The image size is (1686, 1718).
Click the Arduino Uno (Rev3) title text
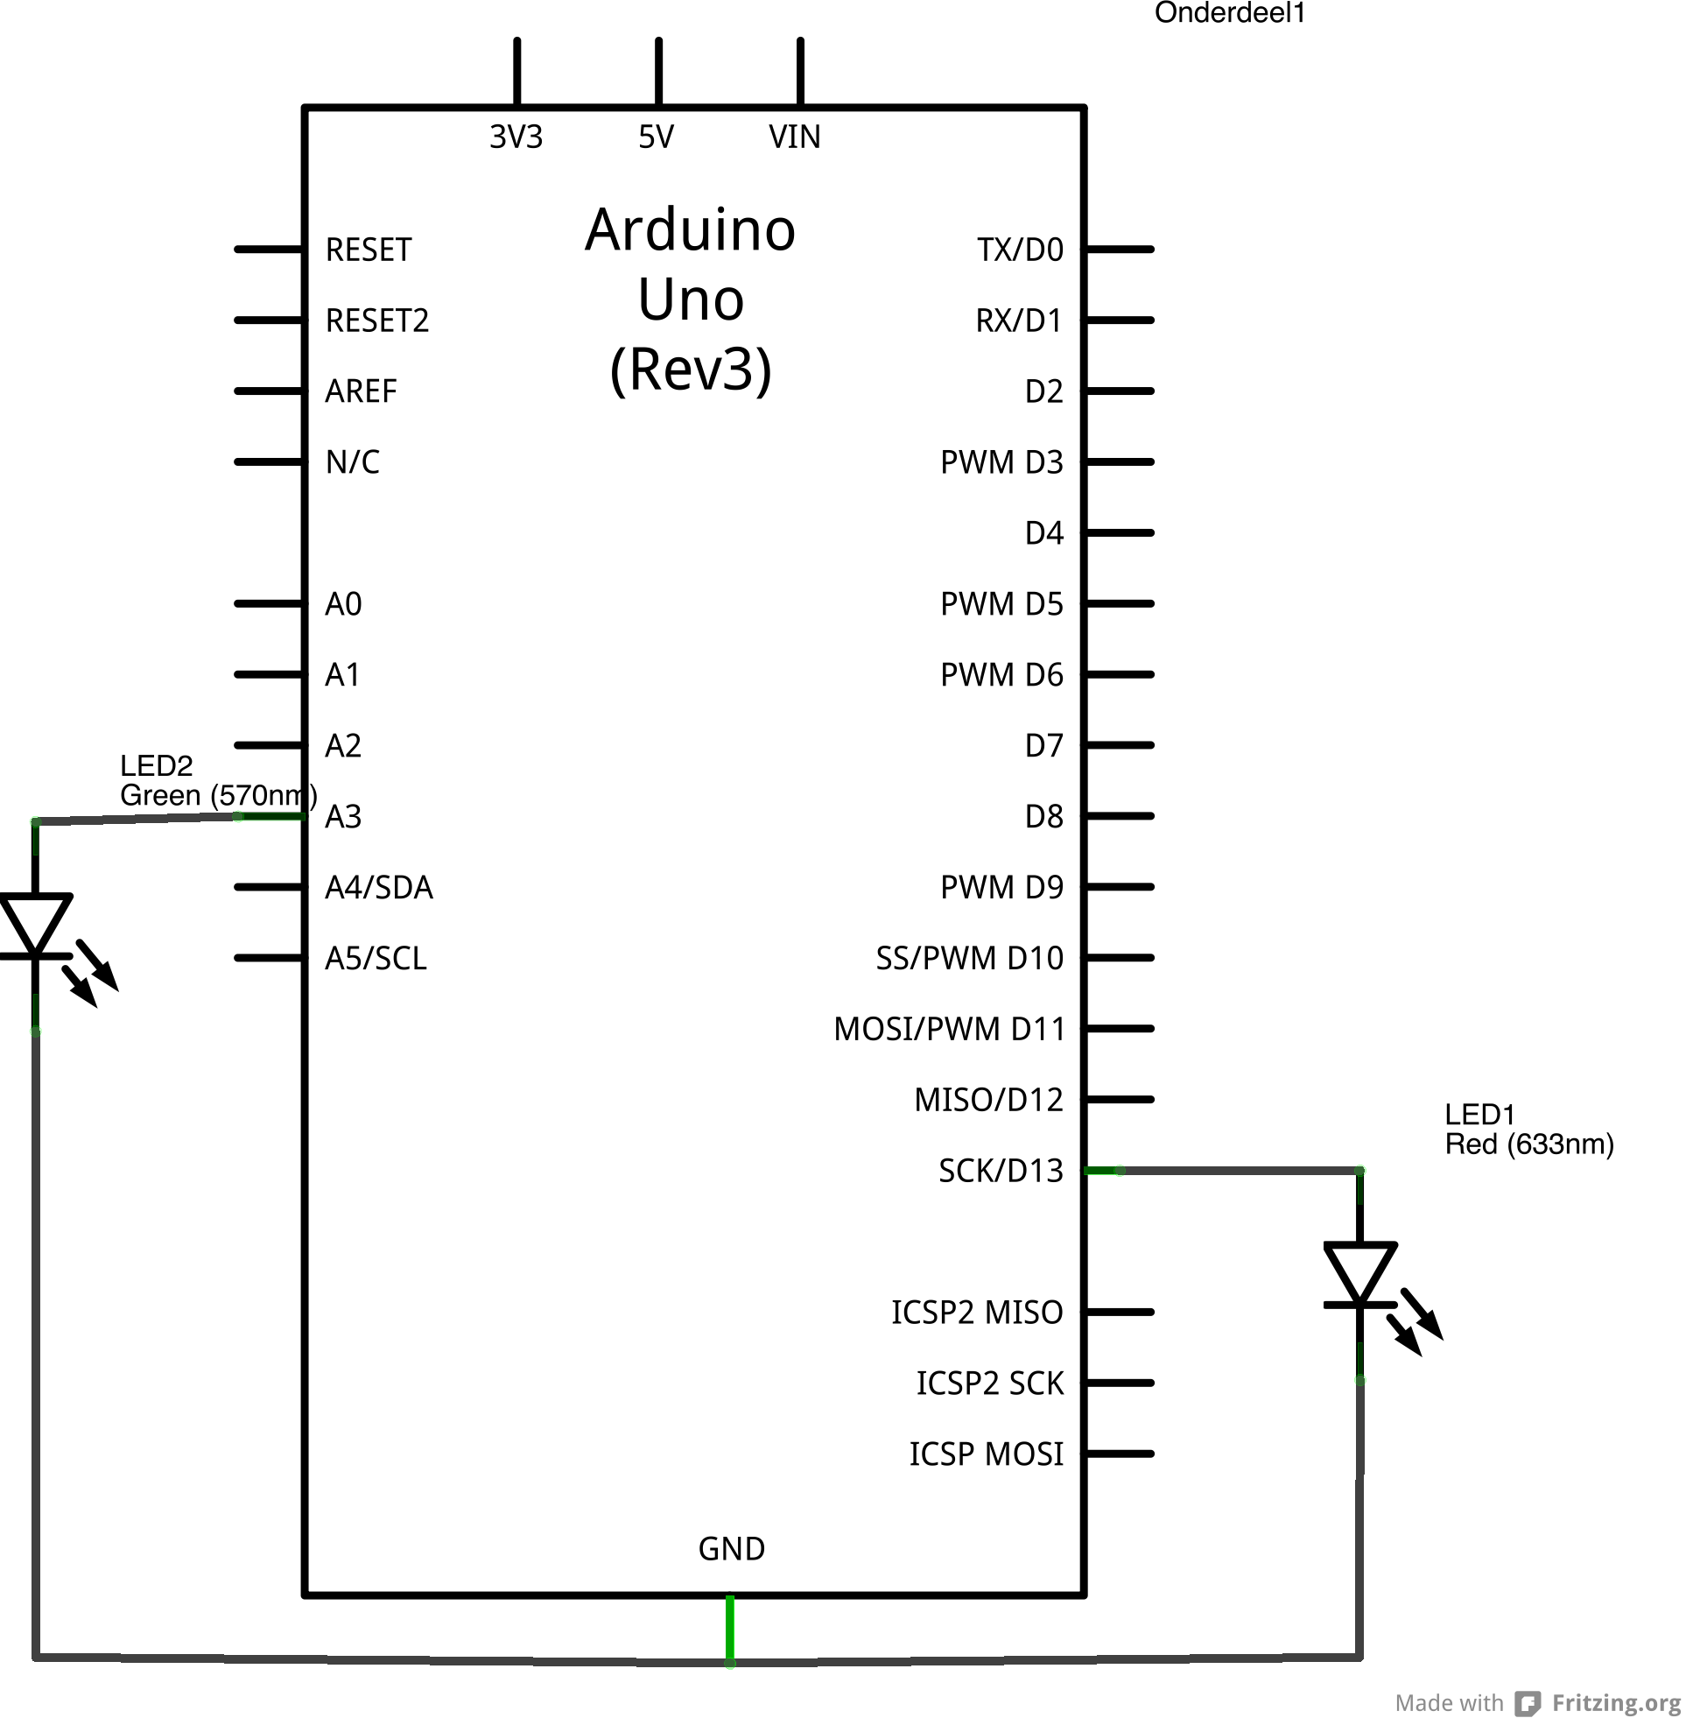(690, 299)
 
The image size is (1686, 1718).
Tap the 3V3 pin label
(516, 137)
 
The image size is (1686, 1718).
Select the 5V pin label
(657, 137)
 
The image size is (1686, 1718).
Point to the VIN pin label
(794, 137)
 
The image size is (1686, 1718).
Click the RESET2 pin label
(376, 320)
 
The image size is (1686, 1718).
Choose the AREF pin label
(361, 391)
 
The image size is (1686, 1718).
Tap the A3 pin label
(342, 816)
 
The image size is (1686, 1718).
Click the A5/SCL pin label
(376, 958)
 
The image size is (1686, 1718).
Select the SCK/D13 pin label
(1000, 1171)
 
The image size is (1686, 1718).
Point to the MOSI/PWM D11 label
(948, 1029)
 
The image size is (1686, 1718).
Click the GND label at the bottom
(731, 1549)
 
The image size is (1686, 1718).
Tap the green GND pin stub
(730, 1630)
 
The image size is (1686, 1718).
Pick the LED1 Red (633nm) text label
(1528, 1129)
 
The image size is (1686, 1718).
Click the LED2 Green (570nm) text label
(217, 780)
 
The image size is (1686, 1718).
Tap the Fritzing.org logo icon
(1527, 1702)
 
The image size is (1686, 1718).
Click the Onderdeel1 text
(1229, 12)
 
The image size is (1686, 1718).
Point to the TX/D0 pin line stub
(1120, 250)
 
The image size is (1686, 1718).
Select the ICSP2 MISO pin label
(976, 1313)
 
